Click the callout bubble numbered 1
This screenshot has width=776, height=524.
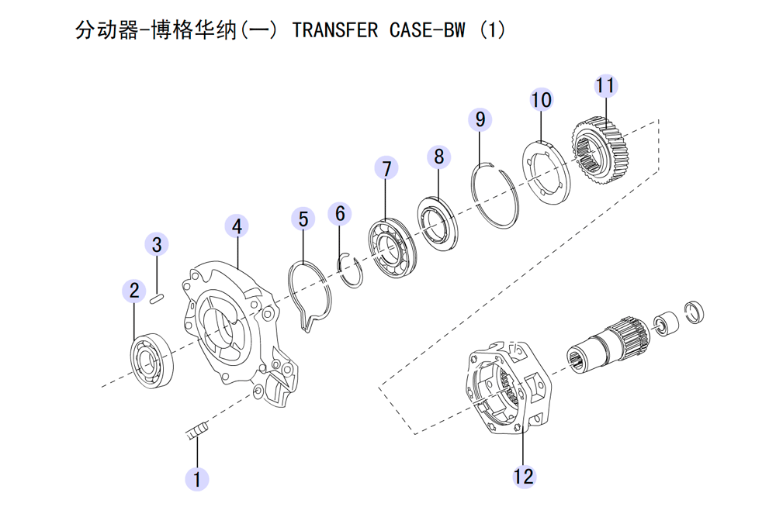click(x=196, y=478)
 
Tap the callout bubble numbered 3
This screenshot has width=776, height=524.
click(x=157, y=245)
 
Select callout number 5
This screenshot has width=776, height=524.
click(x=303, y=219)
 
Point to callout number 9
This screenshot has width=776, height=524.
click(x=480, y=119)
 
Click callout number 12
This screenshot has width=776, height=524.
click(x=524, y=476)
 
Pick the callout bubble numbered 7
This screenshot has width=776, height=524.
click(x=386, y=168)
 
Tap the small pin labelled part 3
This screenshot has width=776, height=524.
click(x=157, y=296)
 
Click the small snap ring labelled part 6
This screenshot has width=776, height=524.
click(x=352, y=271)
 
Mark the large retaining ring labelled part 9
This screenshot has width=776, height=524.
click(x=497, y=195)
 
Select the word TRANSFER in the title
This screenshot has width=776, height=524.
click(x=334, y=30)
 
